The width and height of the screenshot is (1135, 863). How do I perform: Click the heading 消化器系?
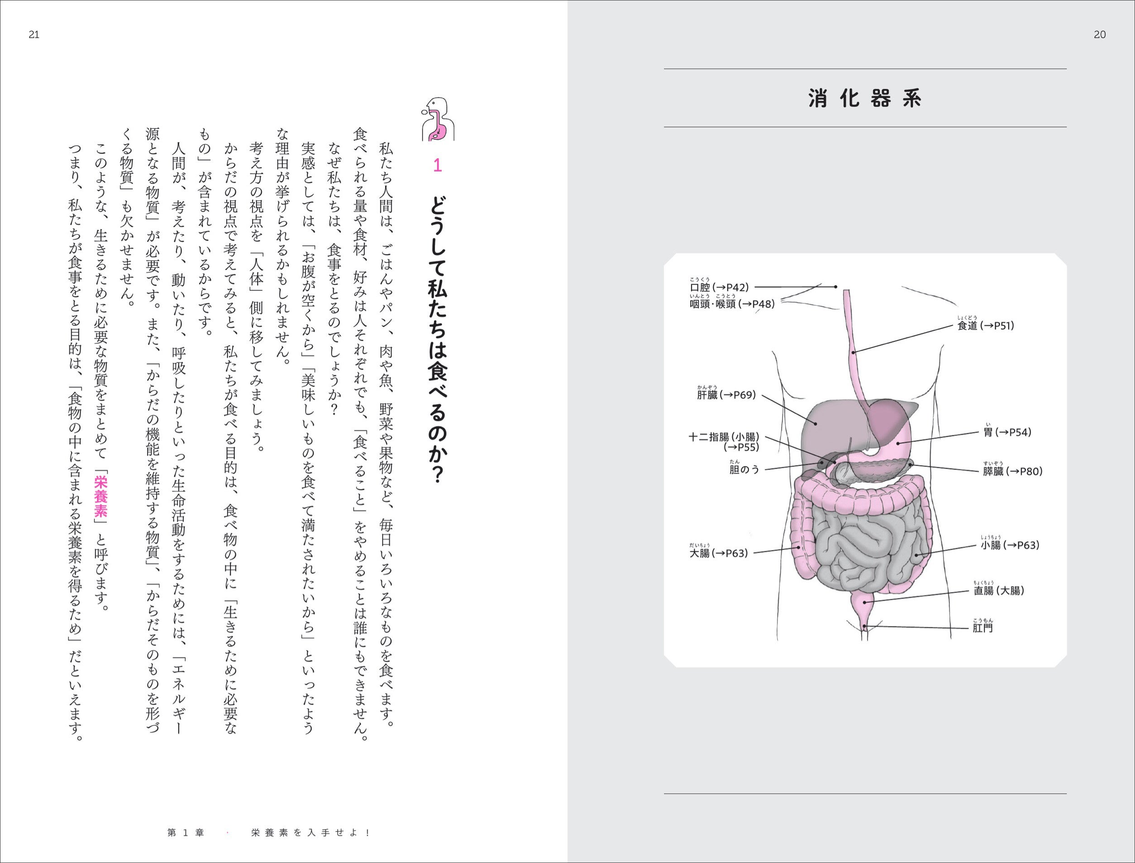coord(865,98)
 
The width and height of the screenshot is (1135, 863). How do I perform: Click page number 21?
coord(34,34)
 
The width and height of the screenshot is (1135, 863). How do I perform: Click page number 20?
coord(1100,34)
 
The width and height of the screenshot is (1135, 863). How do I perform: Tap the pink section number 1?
coord(438,166)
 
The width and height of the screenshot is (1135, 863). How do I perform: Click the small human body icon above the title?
coord(438,119)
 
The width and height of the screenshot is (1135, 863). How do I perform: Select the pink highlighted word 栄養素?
coord(101,496)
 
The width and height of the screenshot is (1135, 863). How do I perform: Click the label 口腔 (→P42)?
coord(719,287)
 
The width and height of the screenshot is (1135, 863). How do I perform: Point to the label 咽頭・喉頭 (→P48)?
coord(732,304)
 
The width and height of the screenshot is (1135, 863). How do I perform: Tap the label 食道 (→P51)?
coord(985,326)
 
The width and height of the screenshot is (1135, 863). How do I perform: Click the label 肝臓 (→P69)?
coord(726,394)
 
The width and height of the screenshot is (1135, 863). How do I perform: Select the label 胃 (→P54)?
coord(1007,432)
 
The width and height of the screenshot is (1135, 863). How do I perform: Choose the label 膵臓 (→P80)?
coord(1013,471)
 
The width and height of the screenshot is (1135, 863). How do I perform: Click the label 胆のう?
coord(744,469)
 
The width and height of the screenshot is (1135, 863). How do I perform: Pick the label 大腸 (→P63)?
coord(719,553)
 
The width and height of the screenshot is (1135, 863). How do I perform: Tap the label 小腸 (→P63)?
coord(1010,545)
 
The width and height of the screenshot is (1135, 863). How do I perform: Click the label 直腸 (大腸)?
coord(999,590)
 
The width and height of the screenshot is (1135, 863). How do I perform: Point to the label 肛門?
coord(982,628)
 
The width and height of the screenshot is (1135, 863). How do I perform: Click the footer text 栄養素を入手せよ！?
coord(310,833)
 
